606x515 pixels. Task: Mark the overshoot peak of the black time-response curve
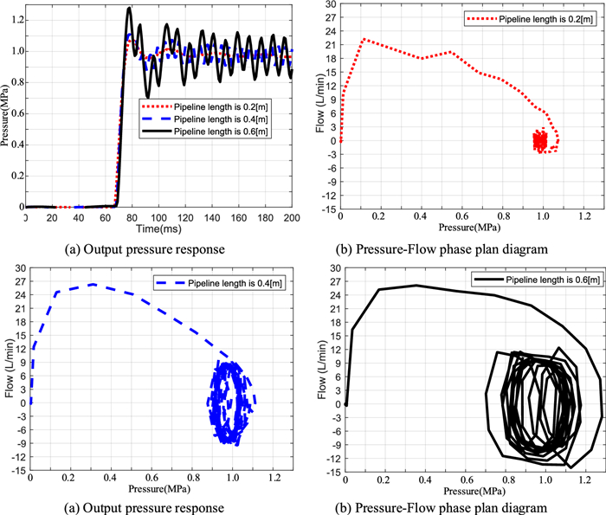(129, 9)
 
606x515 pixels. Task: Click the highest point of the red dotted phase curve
(364, 39)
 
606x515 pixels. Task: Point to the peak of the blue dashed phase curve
(93, 284)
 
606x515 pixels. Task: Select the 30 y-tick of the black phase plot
(332, 269)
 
